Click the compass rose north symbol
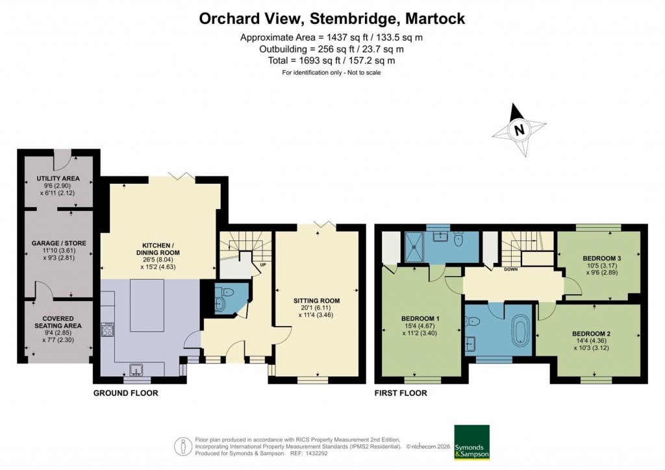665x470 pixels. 518,130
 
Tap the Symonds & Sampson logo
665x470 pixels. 471,443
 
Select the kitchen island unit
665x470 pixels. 147,305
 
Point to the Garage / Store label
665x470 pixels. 58,243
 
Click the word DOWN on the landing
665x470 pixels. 510,269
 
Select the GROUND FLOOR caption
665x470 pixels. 125,393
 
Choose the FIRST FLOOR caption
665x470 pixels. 401,393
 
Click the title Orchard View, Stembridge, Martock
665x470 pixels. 332,19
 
